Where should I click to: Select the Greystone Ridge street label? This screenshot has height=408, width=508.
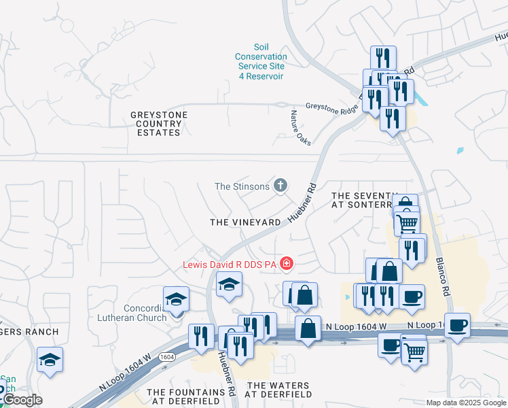331,107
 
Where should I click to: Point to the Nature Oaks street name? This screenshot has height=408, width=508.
300,128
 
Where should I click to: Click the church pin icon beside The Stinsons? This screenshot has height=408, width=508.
280,186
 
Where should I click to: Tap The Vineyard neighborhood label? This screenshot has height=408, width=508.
245,222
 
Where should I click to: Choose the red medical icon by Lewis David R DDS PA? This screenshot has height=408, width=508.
287,263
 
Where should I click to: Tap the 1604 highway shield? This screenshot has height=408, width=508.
167,356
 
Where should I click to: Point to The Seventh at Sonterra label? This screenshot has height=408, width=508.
363,199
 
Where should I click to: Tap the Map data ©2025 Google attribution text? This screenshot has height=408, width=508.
466,403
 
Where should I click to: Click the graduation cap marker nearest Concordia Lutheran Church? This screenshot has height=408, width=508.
177,299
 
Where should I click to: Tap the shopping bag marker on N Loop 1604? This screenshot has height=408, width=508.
308,329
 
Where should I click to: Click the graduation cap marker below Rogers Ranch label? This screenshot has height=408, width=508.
50,359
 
